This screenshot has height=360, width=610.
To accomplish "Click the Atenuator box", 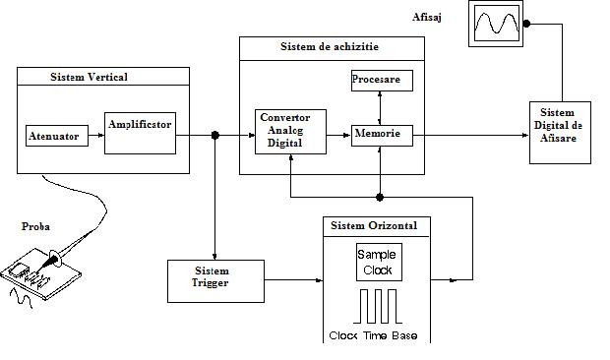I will [54, 136].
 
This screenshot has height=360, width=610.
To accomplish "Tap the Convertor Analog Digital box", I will [289, 133].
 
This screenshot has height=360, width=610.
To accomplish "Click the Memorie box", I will [382, 134].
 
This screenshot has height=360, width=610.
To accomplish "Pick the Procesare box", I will [382, 82].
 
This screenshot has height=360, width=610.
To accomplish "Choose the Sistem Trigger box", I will [215, 278].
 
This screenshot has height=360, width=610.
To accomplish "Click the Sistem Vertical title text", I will [89, 77].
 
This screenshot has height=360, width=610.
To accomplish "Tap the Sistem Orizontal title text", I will [373, 225].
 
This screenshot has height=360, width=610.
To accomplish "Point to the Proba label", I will [35, 226].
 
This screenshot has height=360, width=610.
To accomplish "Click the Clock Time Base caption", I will [373, 336].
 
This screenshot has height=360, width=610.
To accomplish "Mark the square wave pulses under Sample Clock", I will [379, 306].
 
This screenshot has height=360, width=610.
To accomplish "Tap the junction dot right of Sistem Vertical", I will [214, 135].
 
